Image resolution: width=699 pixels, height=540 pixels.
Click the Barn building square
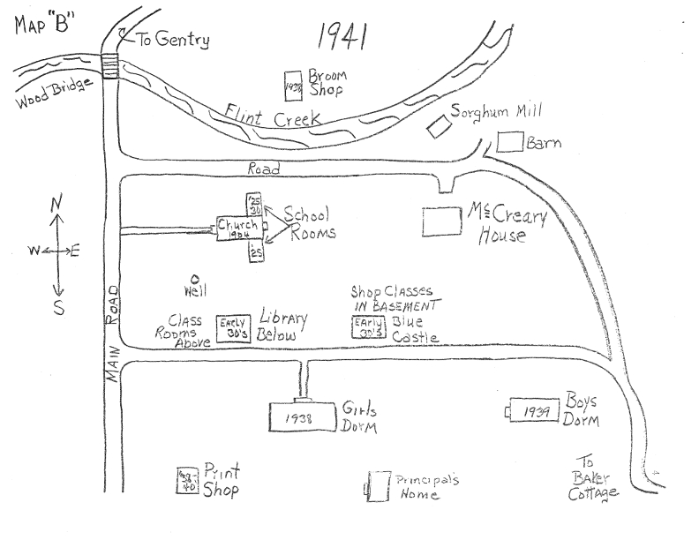[x=510, y=141]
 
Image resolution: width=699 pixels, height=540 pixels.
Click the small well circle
[x=193, y=277]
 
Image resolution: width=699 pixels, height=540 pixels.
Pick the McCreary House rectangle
[x=442, y=222]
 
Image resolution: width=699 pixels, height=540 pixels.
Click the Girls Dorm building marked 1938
[x=304, y=416]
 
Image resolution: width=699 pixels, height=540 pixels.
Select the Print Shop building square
[x=185, y=479]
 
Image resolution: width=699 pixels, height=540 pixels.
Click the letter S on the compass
[x=58, y=306]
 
